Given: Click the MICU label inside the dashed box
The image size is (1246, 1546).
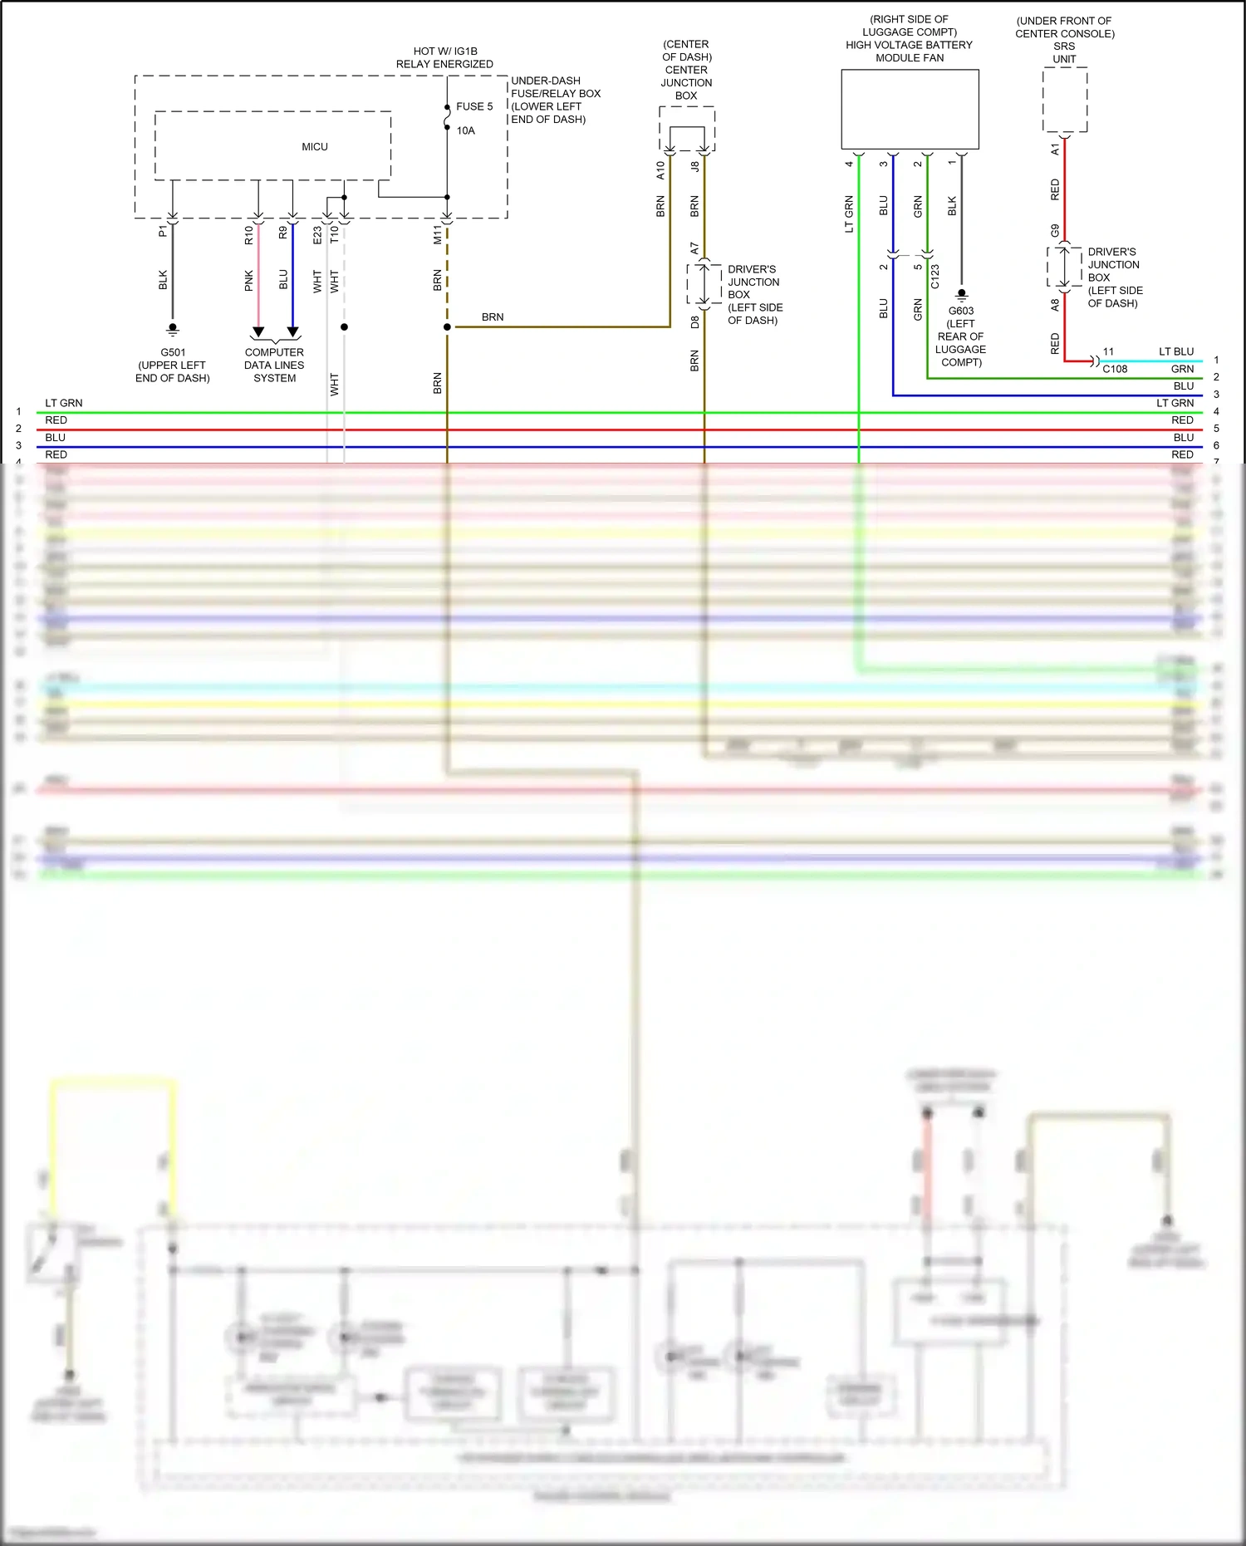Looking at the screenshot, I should pos(314,147).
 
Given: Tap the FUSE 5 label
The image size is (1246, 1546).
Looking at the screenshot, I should pos(474,106).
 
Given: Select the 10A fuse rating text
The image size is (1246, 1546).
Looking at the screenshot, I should pos(465,130).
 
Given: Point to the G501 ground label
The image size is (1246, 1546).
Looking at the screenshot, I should pos(173,352).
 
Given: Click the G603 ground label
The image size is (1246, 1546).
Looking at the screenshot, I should pos(961,311).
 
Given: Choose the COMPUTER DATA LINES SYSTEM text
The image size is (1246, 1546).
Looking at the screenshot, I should pos(274,365).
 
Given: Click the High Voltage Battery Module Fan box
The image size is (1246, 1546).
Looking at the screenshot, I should pos(910,109).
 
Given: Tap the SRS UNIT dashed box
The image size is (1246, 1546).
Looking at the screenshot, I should pos(1064,100).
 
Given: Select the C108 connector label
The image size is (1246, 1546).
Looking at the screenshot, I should pos(1115,369).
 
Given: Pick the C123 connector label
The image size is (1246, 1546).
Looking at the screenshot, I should pos(934,276).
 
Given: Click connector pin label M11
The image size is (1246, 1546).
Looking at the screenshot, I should pos(437,234).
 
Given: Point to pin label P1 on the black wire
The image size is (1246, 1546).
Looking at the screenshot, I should pos(163,231).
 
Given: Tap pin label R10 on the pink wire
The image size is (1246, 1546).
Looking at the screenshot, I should pos(248,235).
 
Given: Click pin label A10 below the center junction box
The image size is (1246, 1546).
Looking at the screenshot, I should pos(660,170).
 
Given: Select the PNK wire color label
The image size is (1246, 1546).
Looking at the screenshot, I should pos(248,281).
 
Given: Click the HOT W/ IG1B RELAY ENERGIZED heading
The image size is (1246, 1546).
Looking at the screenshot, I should pos(444,57).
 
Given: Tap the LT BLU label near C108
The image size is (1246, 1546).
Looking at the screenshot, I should pos(1175,351).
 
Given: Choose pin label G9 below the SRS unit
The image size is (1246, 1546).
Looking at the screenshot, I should pos(1055,230).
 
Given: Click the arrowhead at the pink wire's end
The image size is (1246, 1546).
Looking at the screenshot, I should pos(258,332).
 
